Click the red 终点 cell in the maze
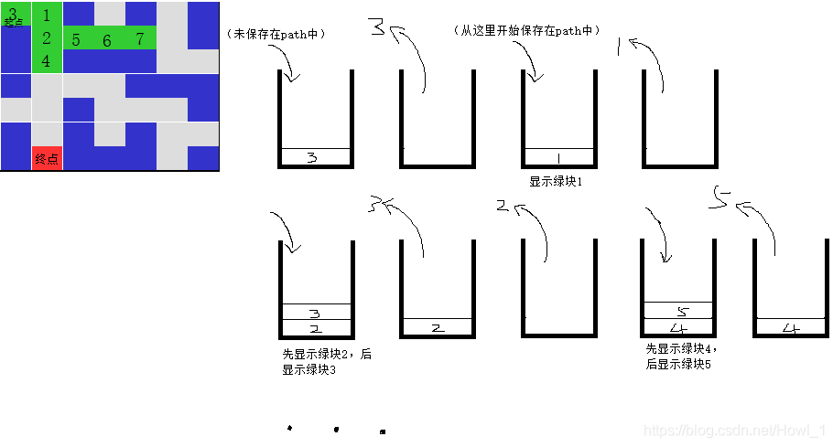click(x=47, y=158)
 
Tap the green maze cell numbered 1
click(x=47, y=15)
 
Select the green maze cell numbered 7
click(x=139, y=38)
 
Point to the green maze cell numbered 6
click(x=107, y=40)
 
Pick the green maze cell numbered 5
click(x=76, y=40)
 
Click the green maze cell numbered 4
click(x=47, y=62)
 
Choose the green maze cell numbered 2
click(x=47, y=38)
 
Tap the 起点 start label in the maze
click(x=13, y=21)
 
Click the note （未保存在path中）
click(x=276, y=34)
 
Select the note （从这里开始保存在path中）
click(x=527, y=30)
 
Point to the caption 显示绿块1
click(x=556, y=182)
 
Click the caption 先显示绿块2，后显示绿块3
click(x=327, y=362)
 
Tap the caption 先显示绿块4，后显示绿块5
click(x=679, y=357)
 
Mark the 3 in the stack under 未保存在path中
click(x=313, y=158)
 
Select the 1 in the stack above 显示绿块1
click(x=558, y=157)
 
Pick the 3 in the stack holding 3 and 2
click(x=315, y=313)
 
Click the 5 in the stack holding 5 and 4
click(x=681, y=312)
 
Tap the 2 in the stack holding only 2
click(x=437, y=327)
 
